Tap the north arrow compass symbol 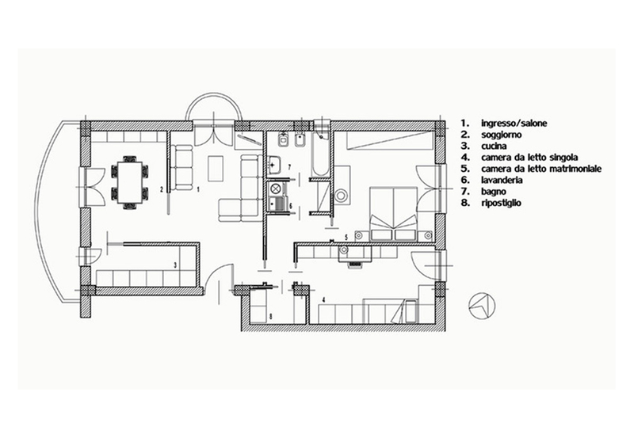pyautogui.click(x=482, y=306)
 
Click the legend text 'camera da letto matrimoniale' pyautogui.click(x=541, y=169)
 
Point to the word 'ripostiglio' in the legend pyautogui.click(x=501, y=203)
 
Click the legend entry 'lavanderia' pyautogui.click(x=502, y=180)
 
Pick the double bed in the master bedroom pyautogui.click(x=393, y=214)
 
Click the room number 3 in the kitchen pyautogui.click(x=175, y=265)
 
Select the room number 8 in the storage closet pyautogui.click(x=270, y=317)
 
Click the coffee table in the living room pyautogui.click(x=216, y=169)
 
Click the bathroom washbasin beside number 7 pyautogui.click(x=275, y=165)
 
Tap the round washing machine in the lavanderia pyautogui.click(x=276, y=189)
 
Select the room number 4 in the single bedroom pyautogui.click(x=323, y=300)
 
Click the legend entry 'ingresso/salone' pyautogui.click(x=514, y=123)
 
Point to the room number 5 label pyautogui.click(x=346, y=237)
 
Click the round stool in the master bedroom pyautogui.click(x=341, y=196)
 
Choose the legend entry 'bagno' pyautogui.click(x=494, y=192)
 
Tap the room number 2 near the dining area pyautogui.click(x=162, y=189)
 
